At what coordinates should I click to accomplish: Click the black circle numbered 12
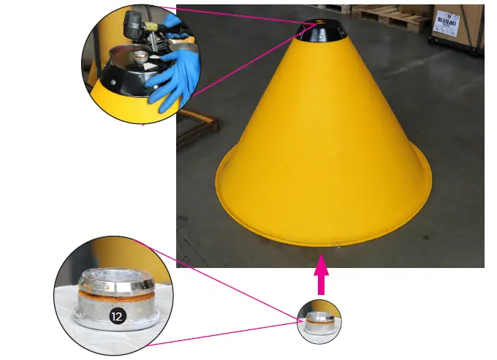116,315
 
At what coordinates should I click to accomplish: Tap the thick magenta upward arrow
320,275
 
